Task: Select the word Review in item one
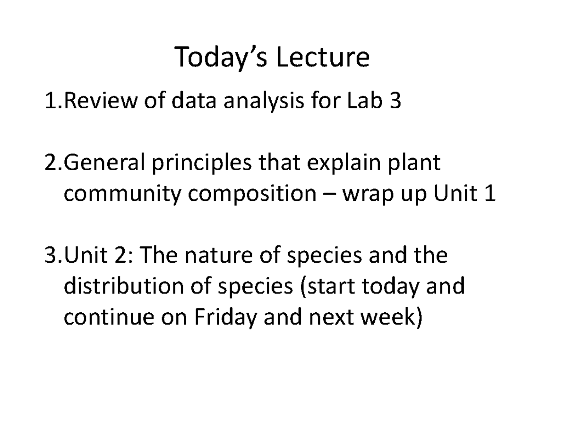(x=96, y=102)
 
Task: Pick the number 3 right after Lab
(x=394, y=102)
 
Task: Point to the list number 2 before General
(x=50, y=164)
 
